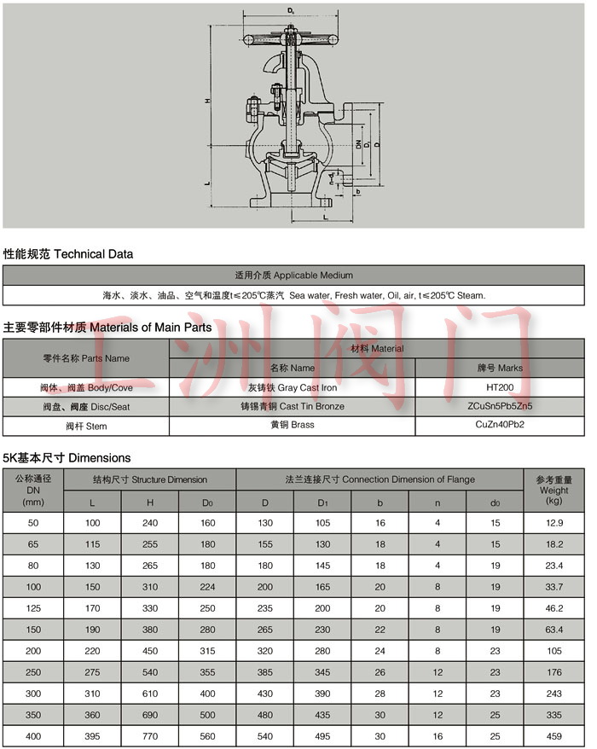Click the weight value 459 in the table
[x=554, y=735]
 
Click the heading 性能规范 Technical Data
[x=68, y=254]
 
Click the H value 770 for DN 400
[x=149, y=735]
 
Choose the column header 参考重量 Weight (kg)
[x=554, y=490]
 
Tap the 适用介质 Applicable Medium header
[x=293, y=276]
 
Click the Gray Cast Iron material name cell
[x=293, y=387]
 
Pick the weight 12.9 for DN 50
[x=554, y=521]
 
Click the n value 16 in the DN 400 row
[x=438, y=735]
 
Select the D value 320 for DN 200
[x=264, y=650]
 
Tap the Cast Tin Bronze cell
[x=293, y=406]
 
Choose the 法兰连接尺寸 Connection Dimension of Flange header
[x=380, y=479]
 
